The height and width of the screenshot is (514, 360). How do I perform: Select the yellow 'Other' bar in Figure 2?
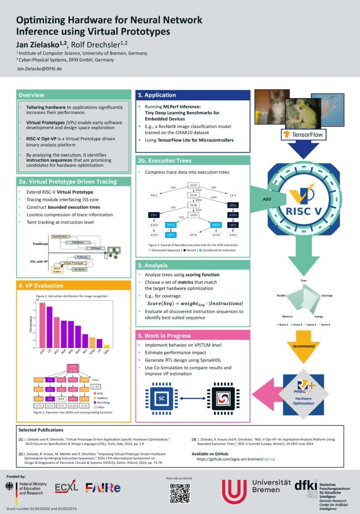[x=106, y=345]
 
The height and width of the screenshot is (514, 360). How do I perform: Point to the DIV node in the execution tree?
[x=155, y=215]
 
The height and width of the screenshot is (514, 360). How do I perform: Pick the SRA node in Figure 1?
[x=154, y=194]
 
